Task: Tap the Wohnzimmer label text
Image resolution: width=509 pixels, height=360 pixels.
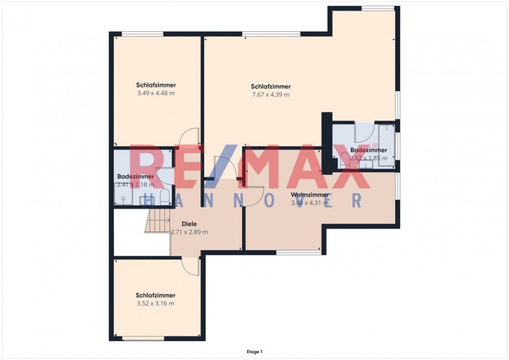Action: point(310,195)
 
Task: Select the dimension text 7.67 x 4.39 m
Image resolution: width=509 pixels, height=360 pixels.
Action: point(271,95)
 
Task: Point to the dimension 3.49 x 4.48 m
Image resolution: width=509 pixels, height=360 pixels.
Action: point(156,93)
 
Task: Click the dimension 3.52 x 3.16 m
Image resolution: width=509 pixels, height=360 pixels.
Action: point(155,304)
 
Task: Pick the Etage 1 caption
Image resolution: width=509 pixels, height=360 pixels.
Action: point(254,351)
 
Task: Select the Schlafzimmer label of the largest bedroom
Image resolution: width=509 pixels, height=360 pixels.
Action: point(271,86)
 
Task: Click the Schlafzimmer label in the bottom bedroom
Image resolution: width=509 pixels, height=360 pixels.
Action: point(155,295)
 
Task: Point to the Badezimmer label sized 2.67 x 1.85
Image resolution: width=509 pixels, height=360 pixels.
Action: point(369,150)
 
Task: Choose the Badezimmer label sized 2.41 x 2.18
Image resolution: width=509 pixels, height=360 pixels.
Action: point(136,176)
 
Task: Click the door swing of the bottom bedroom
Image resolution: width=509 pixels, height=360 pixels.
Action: point(191,265)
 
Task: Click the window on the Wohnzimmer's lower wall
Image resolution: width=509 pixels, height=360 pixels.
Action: point(298,252)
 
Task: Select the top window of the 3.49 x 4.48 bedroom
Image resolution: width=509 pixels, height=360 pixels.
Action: point(142,34)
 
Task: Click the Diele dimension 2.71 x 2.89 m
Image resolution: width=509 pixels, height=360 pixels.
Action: point(189,232)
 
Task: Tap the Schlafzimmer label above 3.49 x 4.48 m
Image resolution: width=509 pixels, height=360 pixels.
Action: point(156,85)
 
